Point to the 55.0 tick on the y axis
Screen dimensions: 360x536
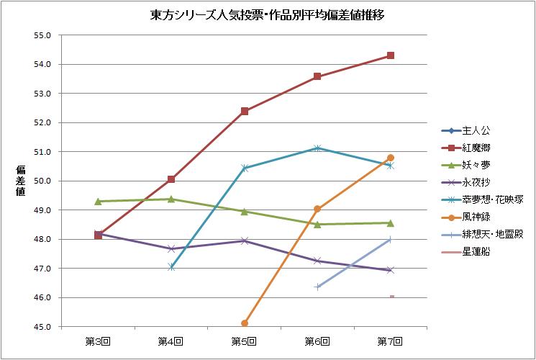tap(42, 35)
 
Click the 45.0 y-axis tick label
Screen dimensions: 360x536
tap(42, 327)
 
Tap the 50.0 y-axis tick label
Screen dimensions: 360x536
tap(42, 181)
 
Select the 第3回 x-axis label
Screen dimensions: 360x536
tap(99, 341)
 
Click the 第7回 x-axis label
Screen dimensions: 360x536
tap(390, 341)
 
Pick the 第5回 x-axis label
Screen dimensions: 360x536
tap(244, 341)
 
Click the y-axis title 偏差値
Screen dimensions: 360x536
tap(21, 181)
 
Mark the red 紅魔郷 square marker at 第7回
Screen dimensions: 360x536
tap(390, 55)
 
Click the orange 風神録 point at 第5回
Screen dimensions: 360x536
tap(245, 323)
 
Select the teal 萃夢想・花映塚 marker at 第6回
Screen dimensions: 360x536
tap(317, 148)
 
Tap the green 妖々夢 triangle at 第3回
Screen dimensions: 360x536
tap(99, 201)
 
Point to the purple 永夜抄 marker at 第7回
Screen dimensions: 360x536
tap(390, 270)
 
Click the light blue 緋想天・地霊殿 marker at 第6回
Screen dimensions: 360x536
tap(317, 287)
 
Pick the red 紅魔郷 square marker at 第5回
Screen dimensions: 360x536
tap(245, 111)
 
